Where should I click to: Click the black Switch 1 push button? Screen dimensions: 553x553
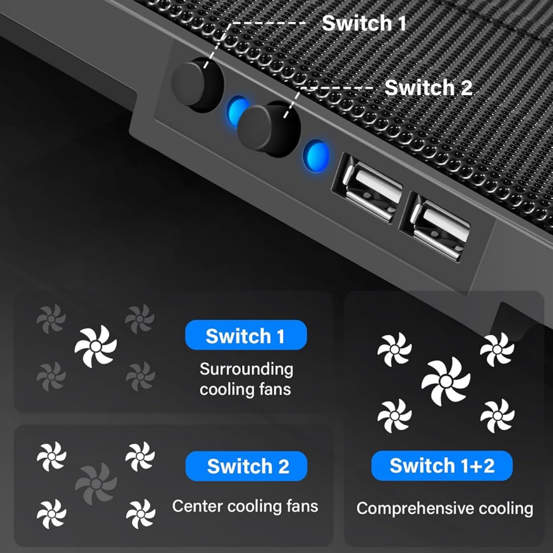pyautogui.click(x=197, y=85)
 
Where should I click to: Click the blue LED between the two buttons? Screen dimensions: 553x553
pyautogui.click(x=237, y=111)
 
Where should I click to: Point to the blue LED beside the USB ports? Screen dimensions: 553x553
pyautogui.click(x=316, y=155)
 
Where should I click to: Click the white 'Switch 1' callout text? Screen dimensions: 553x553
pyautogui.click(x=364, y=23)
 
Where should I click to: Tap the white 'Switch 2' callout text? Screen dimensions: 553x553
pyautogui.click(x=428, y=87)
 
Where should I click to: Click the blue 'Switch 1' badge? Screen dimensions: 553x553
pyautogui.click(x=246, y=335)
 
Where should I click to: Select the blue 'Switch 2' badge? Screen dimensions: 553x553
pyautogui.click(x=246, y=466)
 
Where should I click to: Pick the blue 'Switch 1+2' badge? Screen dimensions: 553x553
pyautogui.click(x=441, y=466)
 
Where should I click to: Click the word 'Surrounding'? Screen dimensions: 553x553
pyautogui.click(x=247, y=369)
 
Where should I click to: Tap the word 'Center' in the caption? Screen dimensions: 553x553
pyautogui.click(x=197, y=506)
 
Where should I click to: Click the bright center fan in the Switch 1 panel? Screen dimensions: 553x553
pyautogui.click(x=96, y=346)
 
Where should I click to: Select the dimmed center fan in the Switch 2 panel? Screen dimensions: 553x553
pyautogui.click(x=96, y=483)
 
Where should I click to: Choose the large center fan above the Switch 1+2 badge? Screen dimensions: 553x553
pyautogui.click(x=446, y=381)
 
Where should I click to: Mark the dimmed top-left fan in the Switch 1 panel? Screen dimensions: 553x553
pyautogui.click(x=51, y=319)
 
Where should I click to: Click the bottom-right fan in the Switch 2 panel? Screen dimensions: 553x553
pyautogui.click(x=140, y=514)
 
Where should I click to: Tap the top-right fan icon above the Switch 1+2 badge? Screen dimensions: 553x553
pyautogui.click(x=497, y=349)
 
